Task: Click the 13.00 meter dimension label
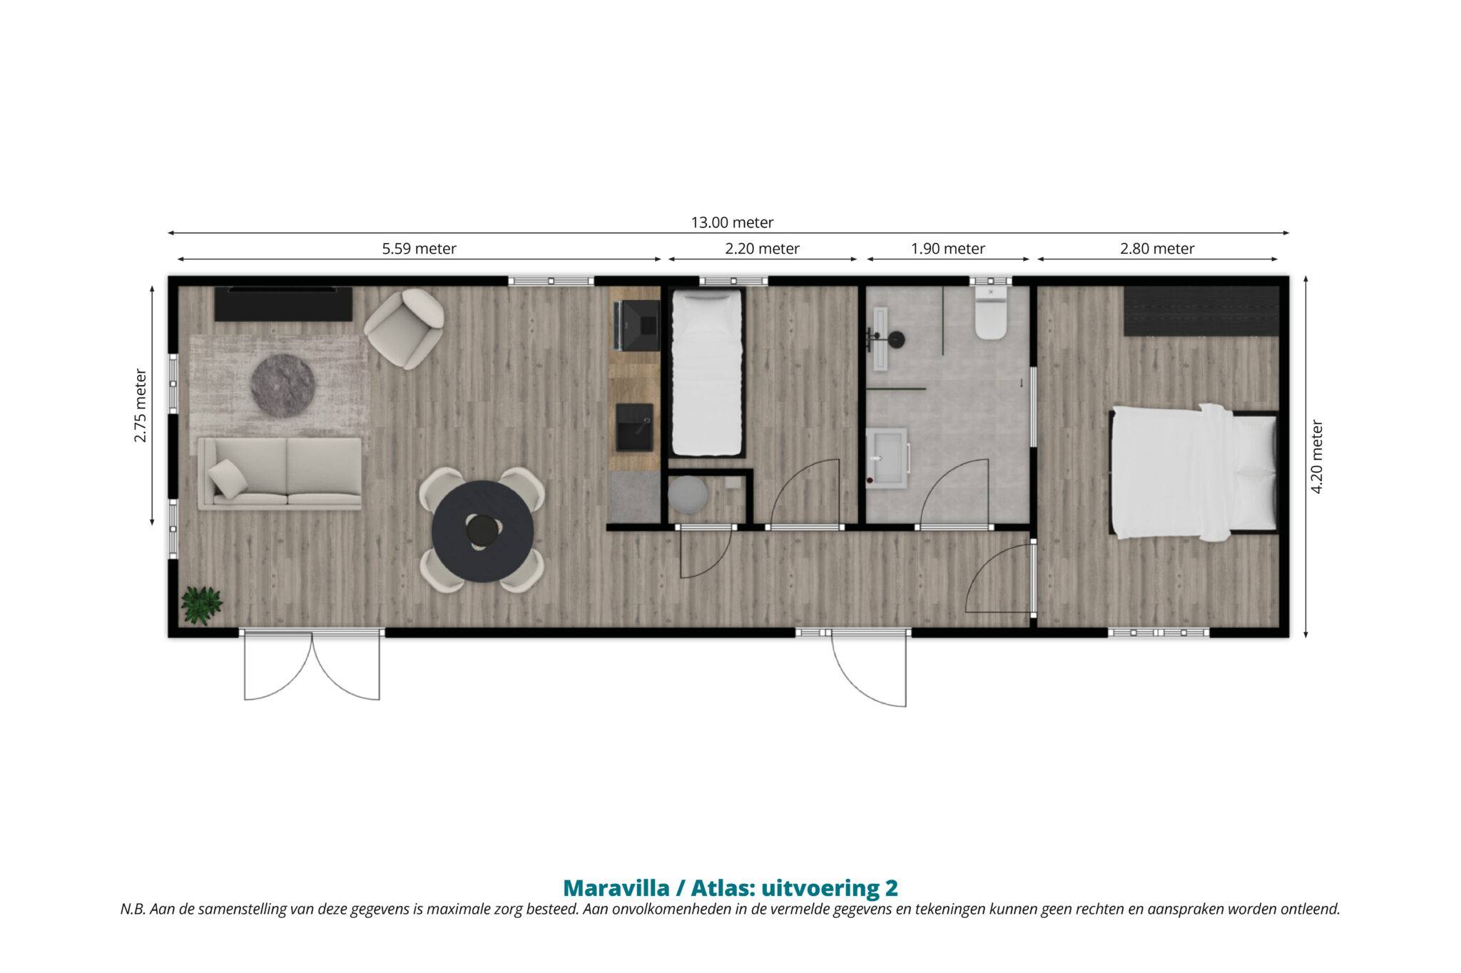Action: (732, 222)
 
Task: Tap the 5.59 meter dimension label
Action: (419, 249)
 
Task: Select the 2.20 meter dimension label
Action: (763, 249)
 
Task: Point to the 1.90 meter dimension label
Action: (948, 249)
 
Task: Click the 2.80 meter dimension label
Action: (1157, 249)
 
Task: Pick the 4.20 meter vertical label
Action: (1317, 457)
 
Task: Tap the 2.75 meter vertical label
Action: (140, 406)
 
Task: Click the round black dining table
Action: (483, 531)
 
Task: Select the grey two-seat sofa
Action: (280, 473)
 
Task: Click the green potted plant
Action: (202, 605)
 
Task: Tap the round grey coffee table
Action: (283, 386)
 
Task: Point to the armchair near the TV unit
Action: (404, 329)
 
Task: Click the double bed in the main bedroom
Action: (1194, 471)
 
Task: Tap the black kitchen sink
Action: (634, 427)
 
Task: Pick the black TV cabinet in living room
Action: (283, 304)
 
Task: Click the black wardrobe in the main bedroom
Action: (1201, 311)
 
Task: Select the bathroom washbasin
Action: (887, 458)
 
